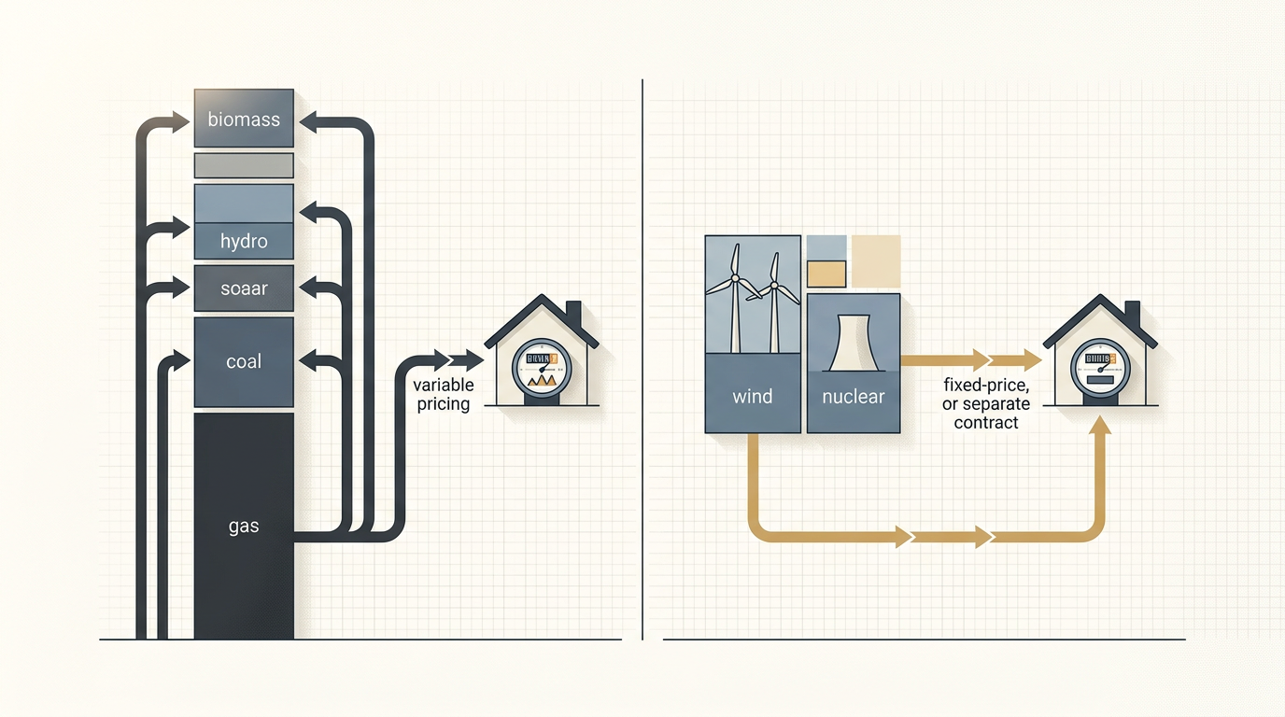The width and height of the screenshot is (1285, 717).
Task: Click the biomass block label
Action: click(x=244, y=119)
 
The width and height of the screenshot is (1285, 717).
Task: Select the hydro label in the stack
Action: click(x=244, y=242)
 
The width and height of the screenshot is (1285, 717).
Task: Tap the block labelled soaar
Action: click(x=244, y=288)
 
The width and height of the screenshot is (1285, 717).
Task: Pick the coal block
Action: click(x=244, y=362)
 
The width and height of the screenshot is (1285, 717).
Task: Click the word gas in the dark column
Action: click(x=244, y=527)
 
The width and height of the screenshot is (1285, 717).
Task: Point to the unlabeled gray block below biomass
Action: click(x=244, y=166)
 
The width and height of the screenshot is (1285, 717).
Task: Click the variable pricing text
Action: click(x=444, y=395)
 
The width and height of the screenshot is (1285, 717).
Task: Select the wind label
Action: click(x=753, y=397)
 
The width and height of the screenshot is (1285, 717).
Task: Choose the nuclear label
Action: click(x=853, y=397)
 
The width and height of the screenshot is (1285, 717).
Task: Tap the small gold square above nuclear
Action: click(x=826, y=274)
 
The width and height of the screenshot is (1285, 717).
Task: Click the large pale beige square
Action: click(x=876, y=260)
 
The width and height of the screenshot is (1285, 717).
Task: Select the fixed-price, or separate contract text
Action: click(x=986, y=404)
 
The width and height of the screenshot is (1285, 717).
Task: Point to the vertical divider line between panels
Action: click(x=643, y=359)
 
